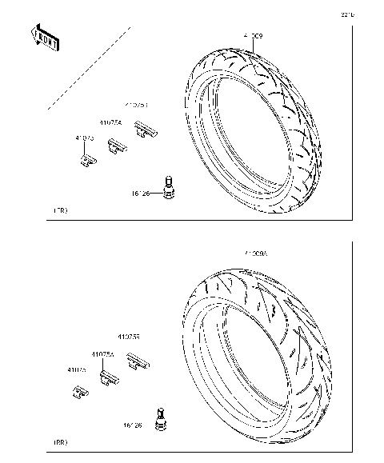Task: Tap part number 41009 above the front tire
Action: coord(252,36)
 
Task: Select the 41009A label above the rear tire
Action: coord(259,253)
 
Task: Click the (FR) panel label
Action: coord(60,210)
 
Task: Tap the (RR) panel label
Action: coord(60,441)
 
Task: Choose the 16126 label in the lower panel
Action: coord(132,425)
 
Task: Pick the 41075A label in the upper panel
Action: coord(110,123)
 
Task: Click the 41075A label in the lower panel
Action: coord(102,353)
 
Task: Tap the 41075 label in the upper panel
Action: coord(85,138)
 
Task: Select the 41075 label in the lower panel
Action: coord(77,369)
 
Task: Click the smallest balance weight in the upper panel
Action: coord(87,159)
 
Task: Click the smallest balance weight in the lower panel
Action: coord(80,391)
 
